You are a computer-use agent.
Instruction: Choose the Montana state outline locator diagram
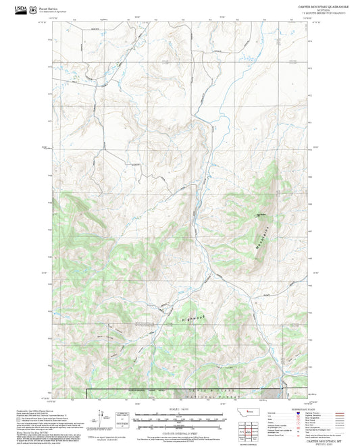(238, 412)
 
